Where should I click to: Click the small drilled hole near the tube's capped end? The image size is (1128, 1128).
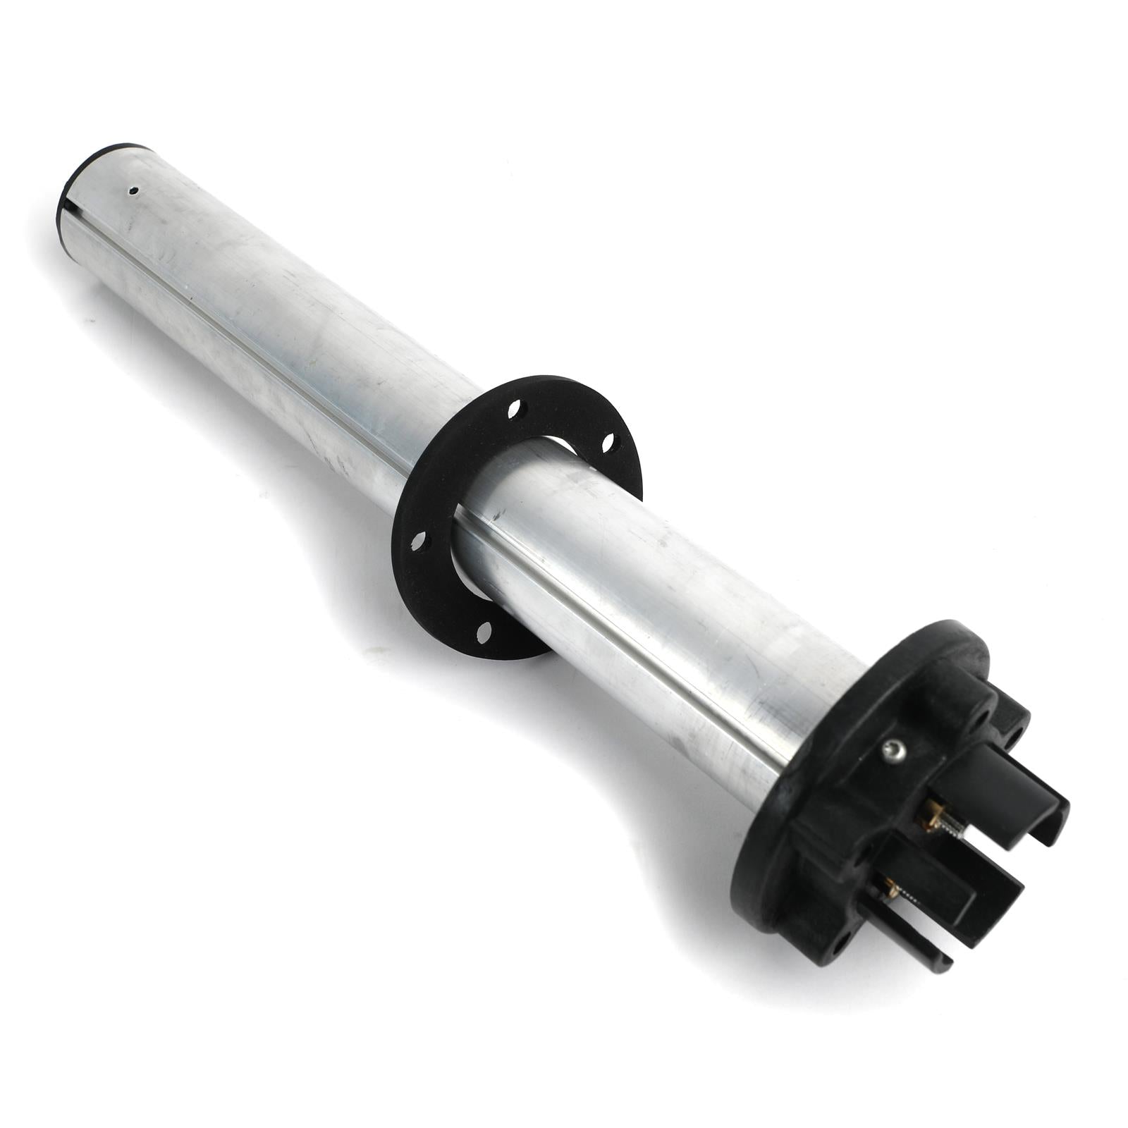coord(132,190)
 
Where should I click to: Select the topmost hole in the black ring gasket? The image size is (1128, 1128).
coord(515,408)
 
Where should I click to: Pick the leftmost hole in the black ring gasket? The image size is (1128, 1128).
coord(418,541)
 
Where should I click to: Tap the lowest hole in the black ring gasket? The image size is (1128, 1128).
coord(484,632)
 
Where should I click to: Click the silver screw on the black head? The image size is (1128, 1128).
coord(894,752)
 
